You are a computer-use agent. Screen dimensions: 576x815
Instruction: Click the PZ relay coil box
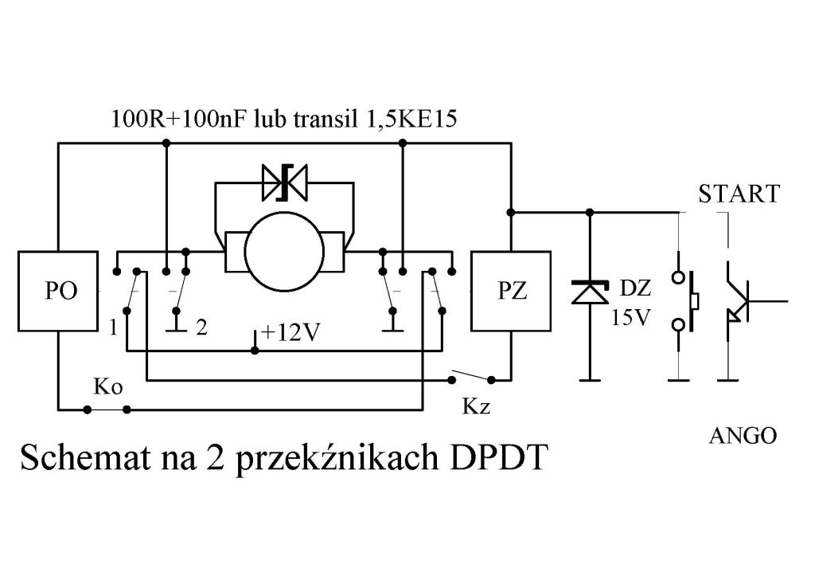[511, 290]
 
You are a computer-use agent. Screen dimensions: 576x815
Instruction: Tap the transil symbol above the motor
[285, 184]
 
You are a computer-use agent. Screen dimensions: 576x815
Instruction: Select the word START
[739, 194]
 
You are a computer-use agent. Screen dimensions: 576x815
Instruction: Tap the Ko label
[107, 388]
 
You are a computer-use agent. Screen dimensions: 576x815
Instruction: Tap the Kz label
[476, 408]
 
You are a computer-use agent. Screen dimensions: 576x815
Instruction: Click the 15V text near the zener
[631, 317]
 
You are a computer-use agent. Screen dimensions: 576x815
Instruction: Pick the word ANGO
[743, 436]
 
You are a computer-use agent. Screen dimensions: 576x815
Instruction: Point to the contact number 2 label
[202, 328]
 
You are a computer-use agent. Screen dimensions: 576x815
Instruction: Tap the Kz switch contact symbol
[473, 377]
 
